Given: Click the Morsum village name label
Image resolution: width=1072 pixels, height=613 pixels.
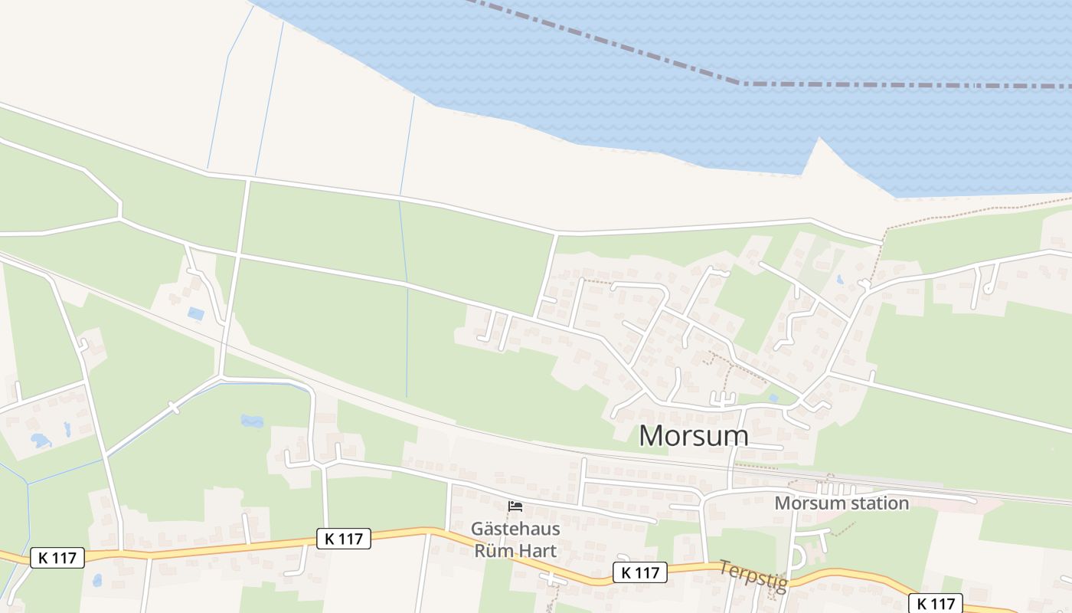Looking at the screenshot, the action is tap(694, 435).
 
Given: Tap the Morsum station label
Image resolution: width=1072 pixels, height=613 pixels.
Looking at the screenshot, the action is tap(842, 503).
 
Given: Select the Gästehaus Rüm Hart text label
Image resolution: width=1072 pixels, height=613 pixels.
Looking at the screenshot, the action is tap(515, 539).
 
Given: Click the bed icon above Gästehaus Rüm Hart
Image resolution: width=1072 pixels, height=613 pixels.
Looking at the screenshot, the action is tap(515, 506).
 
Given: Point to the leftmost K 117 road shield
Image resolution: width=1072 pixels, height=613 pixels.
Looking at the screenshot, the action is tap(57, 558).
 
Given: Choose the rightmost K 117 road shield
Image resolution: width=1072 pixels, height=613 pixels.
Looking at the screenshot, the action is tap(936, 603).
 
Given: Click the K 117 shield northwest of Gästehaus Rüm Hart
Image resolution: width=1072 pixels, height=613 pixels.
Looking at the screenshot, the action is tap(344, 539).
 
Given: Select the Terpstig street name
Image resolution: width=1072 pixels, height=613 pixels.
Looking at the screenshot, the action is tap(753, 575).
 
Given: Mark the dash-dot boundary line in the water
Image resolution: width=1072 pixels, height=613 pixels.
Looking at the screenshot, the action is tap(842, 84).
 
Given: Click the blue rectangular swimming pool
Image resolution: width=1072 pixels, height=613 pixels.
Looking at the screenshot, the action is tap(196, 313).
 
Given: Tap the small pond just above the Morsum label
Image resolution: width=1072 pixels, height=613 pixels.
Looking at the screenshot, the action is tap(773, 398).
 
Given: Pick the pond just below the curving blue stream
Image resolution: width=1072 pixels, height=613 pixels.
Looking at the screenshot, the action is tap(252, 421).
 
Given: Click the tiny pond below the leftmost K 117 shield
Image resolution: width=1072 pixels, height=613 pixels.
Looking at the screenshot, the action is tap(97, 580).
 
